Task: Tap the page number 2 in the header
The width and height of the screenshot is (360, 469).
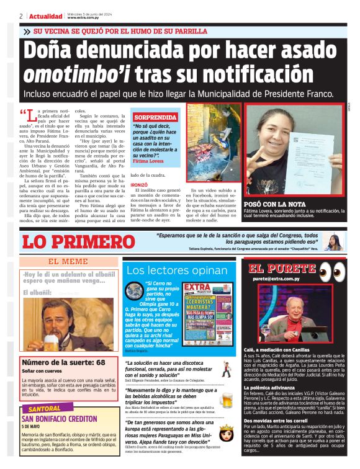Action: (x=21, y=16)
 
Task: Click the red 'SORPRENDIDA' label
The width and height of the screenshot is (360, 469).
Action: (x=155, y=117)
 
